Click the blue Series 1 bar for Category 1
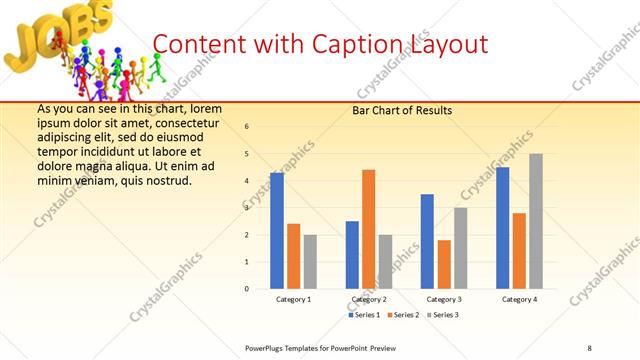coord(277,231)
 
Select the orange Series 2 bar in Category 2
coord(368,229)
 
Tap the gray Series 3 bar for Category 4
coord(536,221)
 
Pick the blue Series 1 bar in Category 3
coord(427,241)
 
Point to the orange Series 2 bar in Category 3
coord(444,264)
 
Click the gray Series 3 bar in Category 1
coord(310,262)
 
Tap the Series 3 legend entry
coord(444,315)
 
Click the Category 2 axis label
coord(369,299)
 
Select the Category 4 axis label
coord(519,299)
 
